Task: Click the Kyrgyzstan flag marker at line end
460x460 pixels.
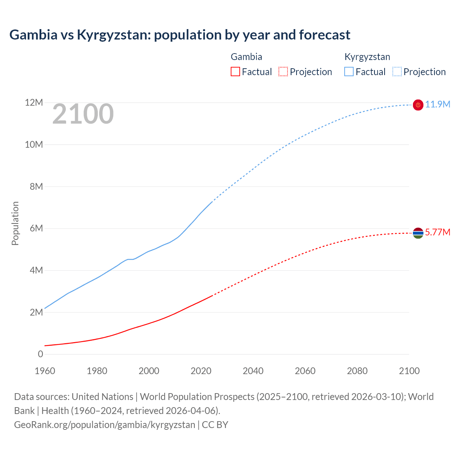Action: (x=418, y=105)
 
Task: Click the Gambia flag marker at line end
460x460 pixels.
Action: (x=418, y=233)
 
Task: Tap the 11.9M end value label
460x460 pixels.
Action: (x=437, y=104)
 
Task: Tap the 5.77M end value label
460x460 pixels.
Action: (x=437, y=232)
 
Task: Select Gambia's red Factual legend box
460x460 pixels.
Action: (x=235, y=72)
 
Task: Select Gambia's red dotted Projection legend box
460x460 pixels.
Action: (x=283, y=72)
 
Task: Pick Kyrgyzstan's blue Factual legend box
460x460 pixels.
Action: (x=349, y=72)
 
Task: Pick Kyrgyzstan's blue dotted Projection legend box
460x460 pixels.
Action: (x=397, y=72)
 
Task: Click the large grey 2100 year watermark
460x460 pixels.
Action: (x=83, y=114)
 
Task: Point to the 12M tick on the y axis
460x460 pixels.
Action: (x=34, y=103)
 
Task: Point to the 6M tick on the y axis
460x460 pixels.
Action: (x=36, y=229)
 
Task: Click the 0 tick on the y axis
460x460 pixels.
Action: (x=40, y=354)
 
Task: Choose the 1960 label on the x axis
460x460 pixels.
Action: (x=45, y=371)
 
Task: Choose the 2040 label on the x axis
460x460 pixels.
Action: (x=253, y=371)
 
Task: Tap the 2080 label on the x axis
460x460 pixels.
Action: (x=357, y=371)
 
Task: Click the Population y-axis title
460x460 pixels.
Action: (x=15, y=223)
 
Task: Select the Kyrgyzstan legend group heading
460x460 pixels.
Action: (x=367, y=57)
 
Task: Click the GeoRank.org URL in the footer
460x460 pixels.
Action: (x=104, y=425)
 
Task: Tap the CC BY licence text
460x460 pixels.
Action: (x=215, y=425)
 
